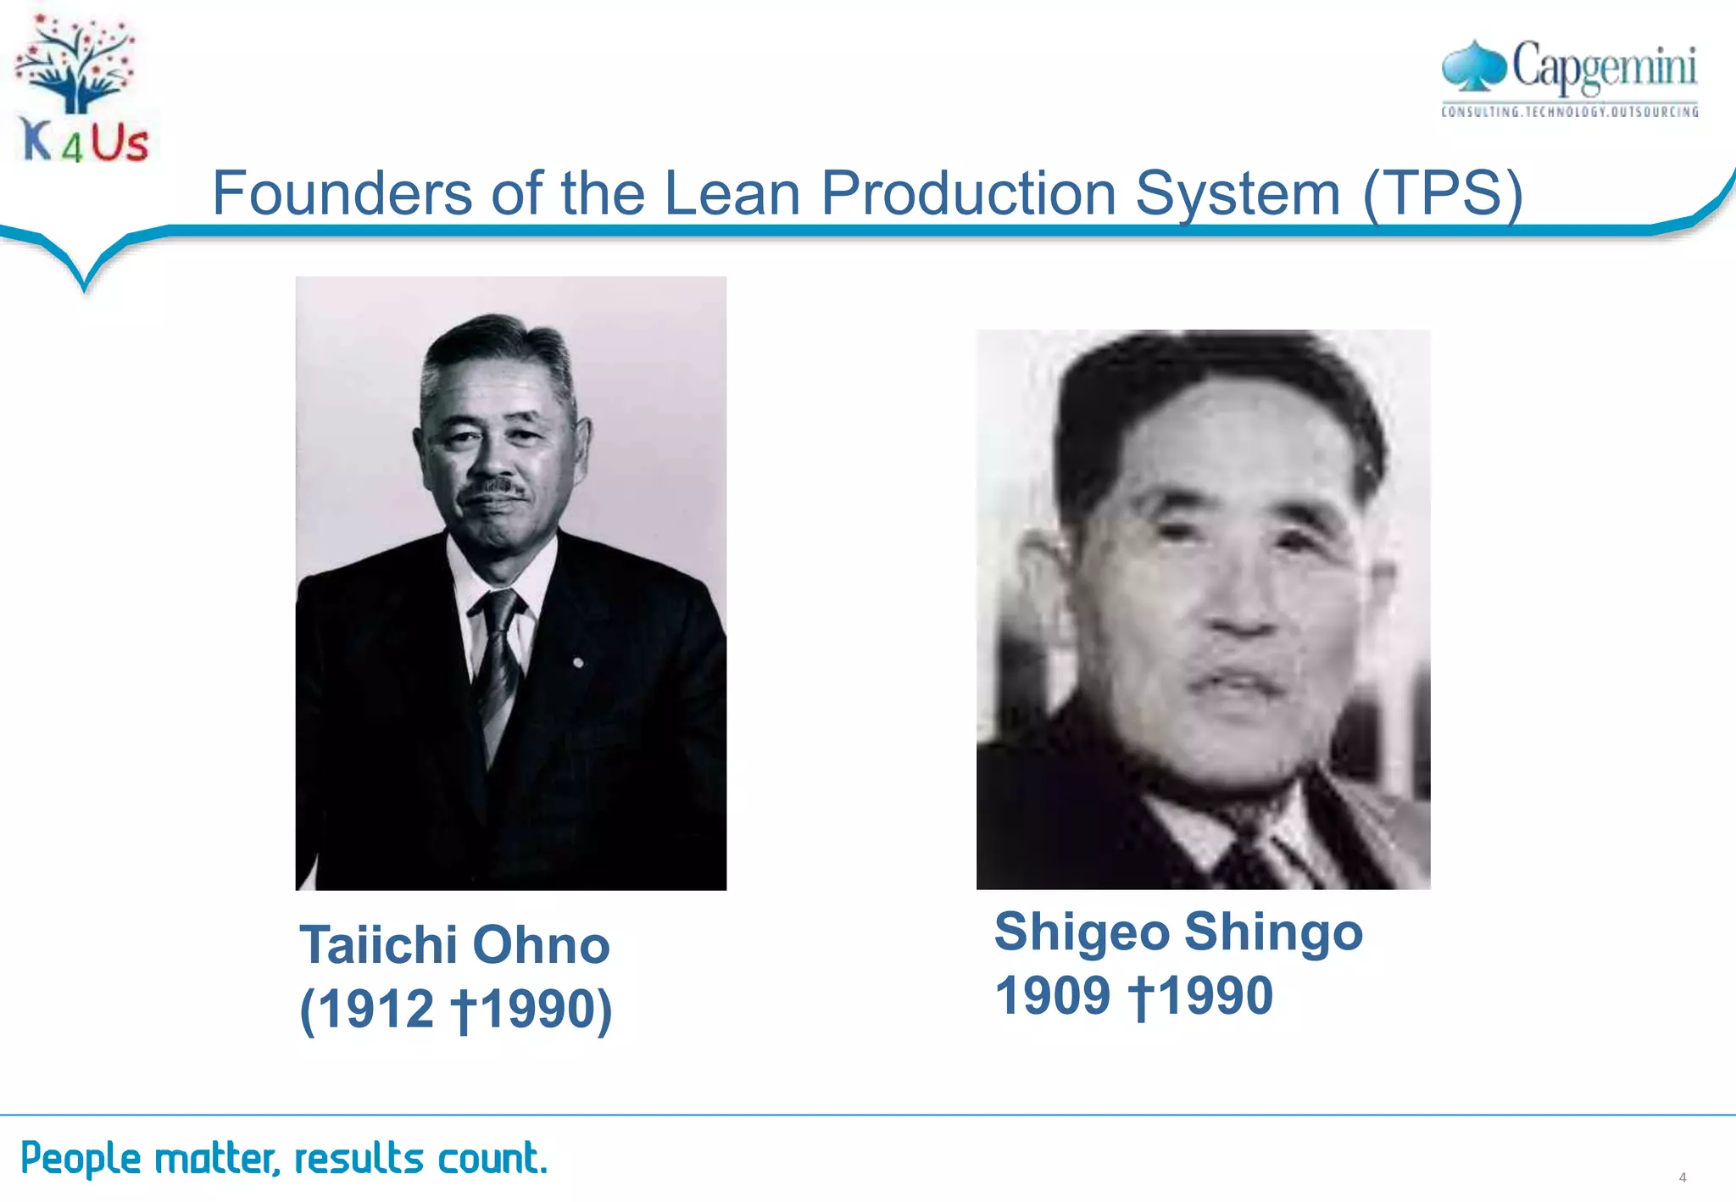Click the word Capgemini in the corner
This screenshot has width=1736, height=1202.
(1604, 66)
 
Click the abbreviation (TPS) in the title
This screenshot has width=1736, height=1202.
(1443, 193)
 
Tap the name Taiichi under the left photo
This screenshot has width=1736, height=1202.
(379, 944)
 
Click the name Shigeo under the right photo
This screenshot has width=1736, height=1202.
(1082, 932)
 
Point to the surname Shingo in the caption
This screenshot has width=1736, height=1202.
(1274, 932)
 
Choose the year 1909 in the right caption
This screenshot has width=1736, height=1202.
(1052, 995)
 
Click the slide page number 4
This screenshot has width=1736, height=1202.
(1683, 1177)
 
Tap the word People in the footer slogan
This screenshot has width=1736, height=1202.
(81, 1158)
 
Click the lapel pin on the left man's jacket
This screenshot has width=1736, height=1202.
(578, 662)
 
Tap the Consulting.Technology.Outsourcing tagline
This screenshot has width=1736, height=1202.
(1570, 111)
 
